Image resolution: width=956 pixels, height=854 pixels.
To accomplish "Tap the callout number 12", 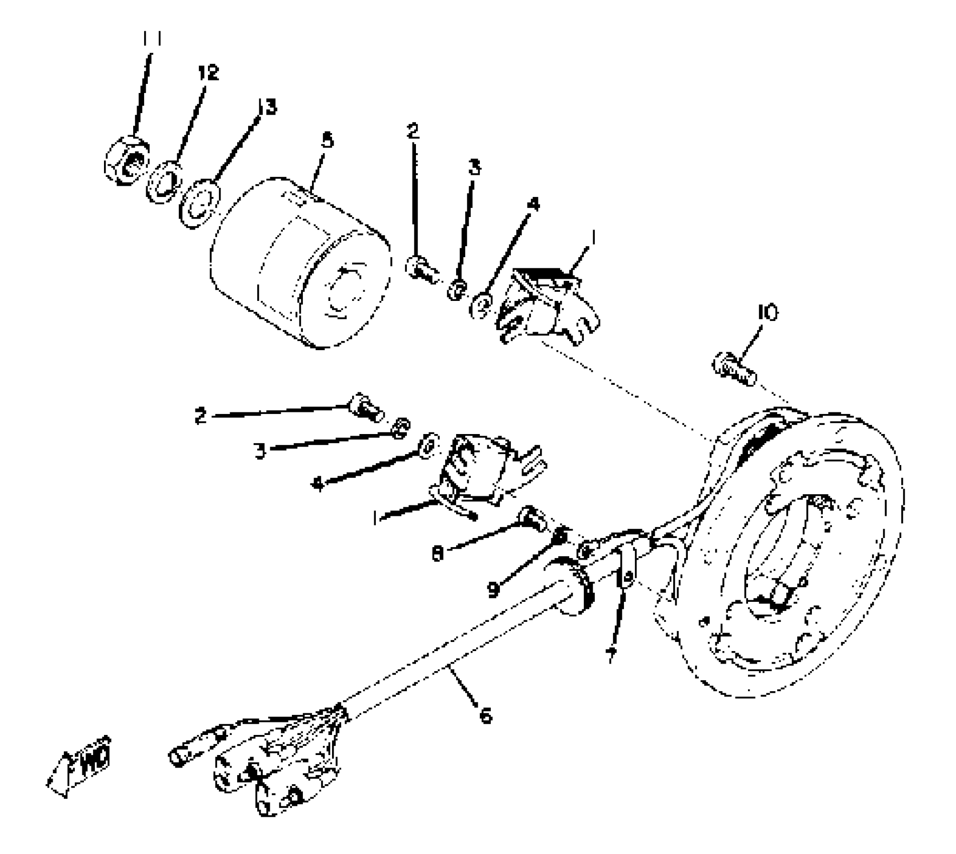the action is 208,73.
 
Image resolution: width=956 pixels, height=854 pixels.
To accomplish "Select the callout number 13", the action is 267,106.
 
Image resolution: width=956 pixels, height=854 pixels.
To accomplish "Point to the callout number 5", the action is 327,140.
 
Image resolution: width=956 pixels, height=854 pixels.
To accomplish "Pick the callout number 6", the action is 485,715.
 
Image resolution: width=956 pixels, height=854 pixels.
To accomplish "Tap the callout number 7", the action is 611,655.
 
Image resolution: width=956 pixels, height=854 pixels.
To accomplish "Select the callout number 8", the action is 438,554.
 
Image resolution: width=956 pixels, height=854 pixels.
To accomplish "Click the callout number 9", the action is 494,588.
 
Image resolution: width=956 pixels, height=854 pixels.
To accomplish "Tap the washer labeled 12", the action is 164,181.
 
